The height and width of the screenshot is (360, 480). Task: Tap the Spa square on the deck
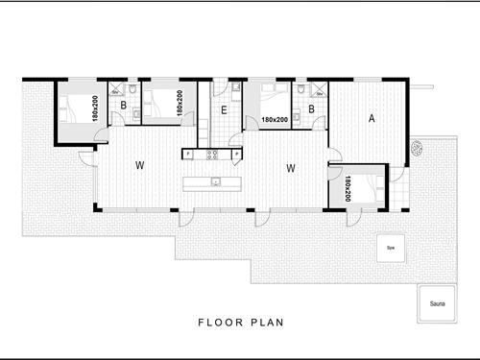[x=390, y=248]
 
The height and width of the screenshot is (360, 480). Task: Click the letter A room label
[x=372, y=118]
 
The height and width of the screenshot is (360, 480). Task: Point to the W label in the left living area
[x=139, y=166]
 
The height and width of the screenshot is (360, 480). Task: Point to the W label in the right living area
[x=289, y=168]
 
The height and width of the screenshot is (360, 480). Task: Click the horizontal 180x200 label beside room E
[x=276, y=120]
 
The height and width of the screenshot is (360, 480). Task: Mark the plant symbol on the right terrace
[x=419, y=148]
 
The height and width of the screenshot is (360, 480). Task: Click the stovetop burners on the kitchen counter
[x=214, y=154]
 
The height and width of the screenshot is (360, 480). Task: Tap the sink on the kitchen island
[x=217, y=180]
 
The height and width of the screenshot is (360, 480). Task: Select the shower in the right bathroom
[x=318, y=89]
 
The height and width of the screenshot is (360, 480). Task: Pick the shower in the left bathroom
[x=117, y=90]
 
